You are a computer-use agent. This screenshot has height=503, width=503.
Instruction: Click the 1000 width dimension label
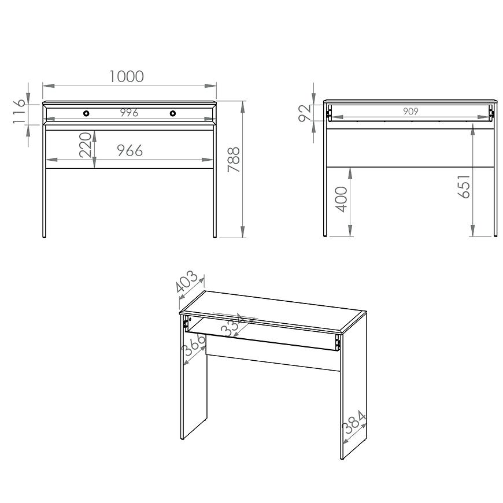coord(127,76)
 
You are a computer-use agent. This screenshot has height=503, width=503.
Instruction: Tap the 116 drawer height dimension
coord(19,112)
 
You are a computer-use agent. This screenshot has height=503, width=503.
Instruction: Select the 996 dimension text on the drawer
coord(130,113)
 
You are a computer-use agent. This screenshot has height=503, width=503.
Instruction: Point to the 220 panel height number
coord(86,145)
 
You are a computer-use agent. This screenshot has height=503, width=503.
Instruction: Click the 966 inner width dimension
coord(130,150)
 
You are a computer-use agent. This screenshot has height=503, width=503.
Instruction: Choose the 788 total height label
coord(234,160)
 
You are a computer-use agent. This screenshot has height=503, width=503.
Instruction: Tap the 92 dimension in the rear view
coord(305,113)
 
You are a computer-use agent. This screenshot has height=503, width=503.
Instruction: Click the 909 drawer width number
coord(410,112)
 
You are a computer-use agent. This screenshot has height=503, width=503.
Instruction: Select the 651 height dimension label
coord(464,186)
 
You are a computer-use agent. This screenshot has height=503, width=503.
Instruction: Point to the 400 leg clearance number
coord(341,199)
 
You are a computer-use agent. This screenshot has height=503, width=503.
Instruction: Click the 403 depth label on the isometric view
coord(187,282)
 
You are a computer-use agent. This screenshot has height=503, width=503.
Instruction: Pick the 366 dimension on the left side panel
coord(194,345)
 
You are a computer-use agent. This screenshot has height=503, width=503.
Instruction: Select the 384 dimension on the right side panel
coord(354,422)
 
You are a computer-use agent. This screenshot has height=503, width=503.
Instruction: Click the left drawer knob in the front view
coord(86,113)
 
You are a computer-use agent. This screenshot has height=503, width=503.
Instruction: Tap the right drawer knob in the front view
coord(173,113)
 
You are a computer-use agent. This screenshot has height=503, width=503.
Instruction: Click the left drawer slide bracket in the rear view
coord(328,113)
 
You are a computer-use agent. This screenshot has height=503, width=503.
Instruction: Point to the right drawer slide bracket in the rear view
coord(491,113)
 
